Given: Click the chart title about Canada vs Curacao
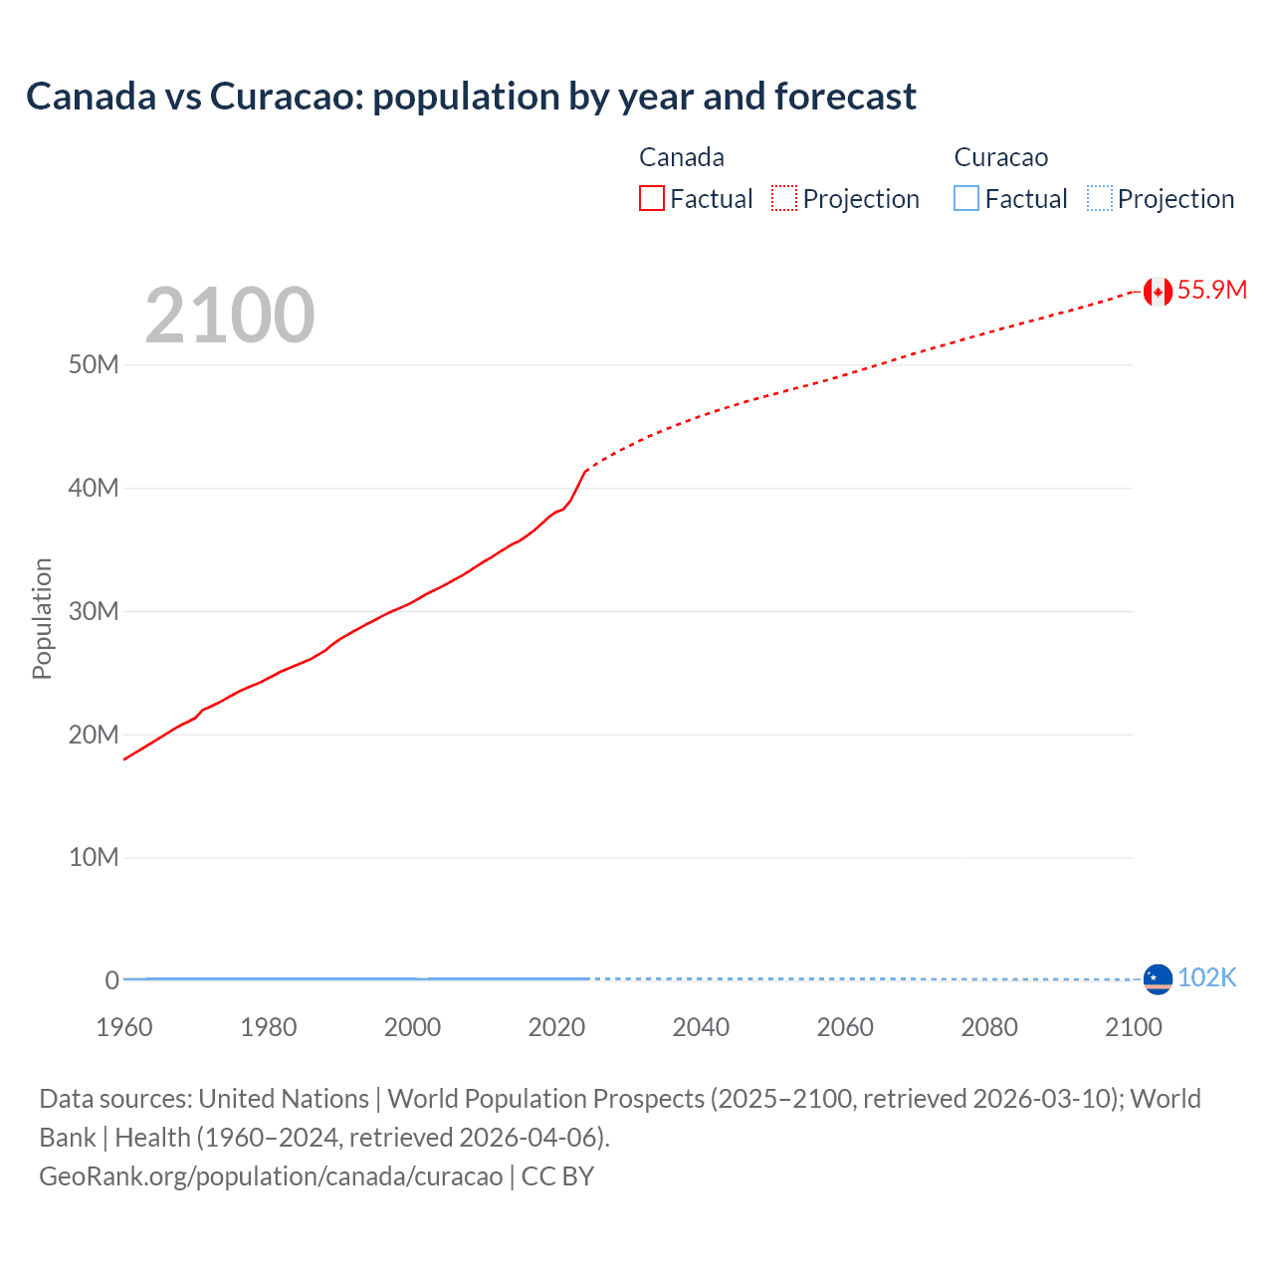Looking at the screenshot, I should click(471, 97).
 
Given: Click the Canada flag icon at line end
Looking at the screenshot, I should click(1158, 292).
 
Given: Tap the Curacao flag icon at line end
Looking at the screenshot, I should click(1158, 979).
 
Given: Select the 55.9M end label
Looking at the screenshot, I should click(1211, 291).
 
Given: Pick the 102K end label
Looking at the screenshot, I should click(1206, 978).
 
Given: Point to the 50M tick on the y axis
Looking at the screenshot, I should click(94, 365).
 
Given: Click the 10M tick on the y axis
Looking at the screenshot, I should click(94, 858).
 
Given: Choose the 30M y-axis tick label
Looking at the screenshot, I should click(94, 611).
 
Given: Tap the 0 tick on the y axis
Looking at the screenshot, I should click(111, 981).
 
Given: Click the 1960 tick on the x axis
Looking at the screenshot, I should click(124, 1028).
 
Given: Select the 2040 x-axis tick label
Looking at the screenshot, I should click(701, 1028).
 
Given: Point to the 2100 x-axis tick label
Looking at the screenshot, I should click(1133, 1028).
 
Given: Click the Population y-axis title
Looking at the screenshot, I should click(42, 618).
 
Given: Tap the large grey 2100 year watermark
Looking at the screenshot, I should click(230, 316).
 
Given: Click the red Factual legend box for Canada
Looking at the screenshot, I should click(652, 199).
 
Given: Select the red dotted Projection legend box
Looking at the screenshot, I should click(784, 199).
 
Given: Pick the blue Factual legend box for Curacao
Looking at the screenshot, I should click(966, 199).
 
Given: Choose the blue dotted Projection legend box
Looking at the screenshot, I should click(1100, 199).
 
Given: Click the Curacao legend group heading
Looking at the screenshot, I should click(1000, 157).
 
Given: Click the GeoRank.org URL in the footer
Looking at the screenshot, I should click(271, 1176).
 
